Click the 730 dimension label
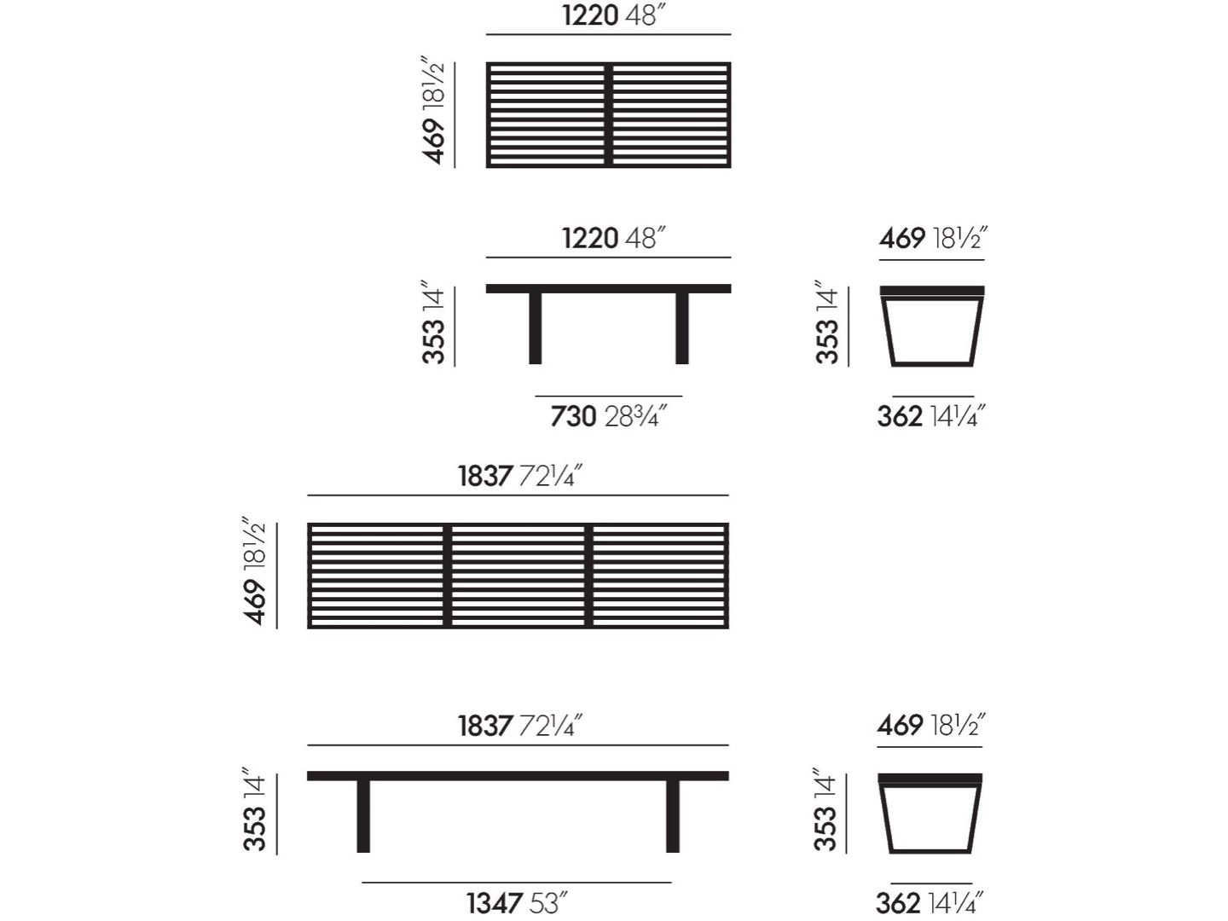573,417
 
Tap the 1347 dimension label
495,903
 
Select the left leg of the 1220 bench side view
535,328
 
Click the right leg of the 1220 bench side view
681,328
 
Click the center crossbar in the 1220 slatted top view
609,114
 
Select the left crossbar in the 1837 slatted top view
447,576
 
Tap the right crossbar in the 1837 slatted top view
588,576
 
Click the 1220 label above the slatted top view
590,15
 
